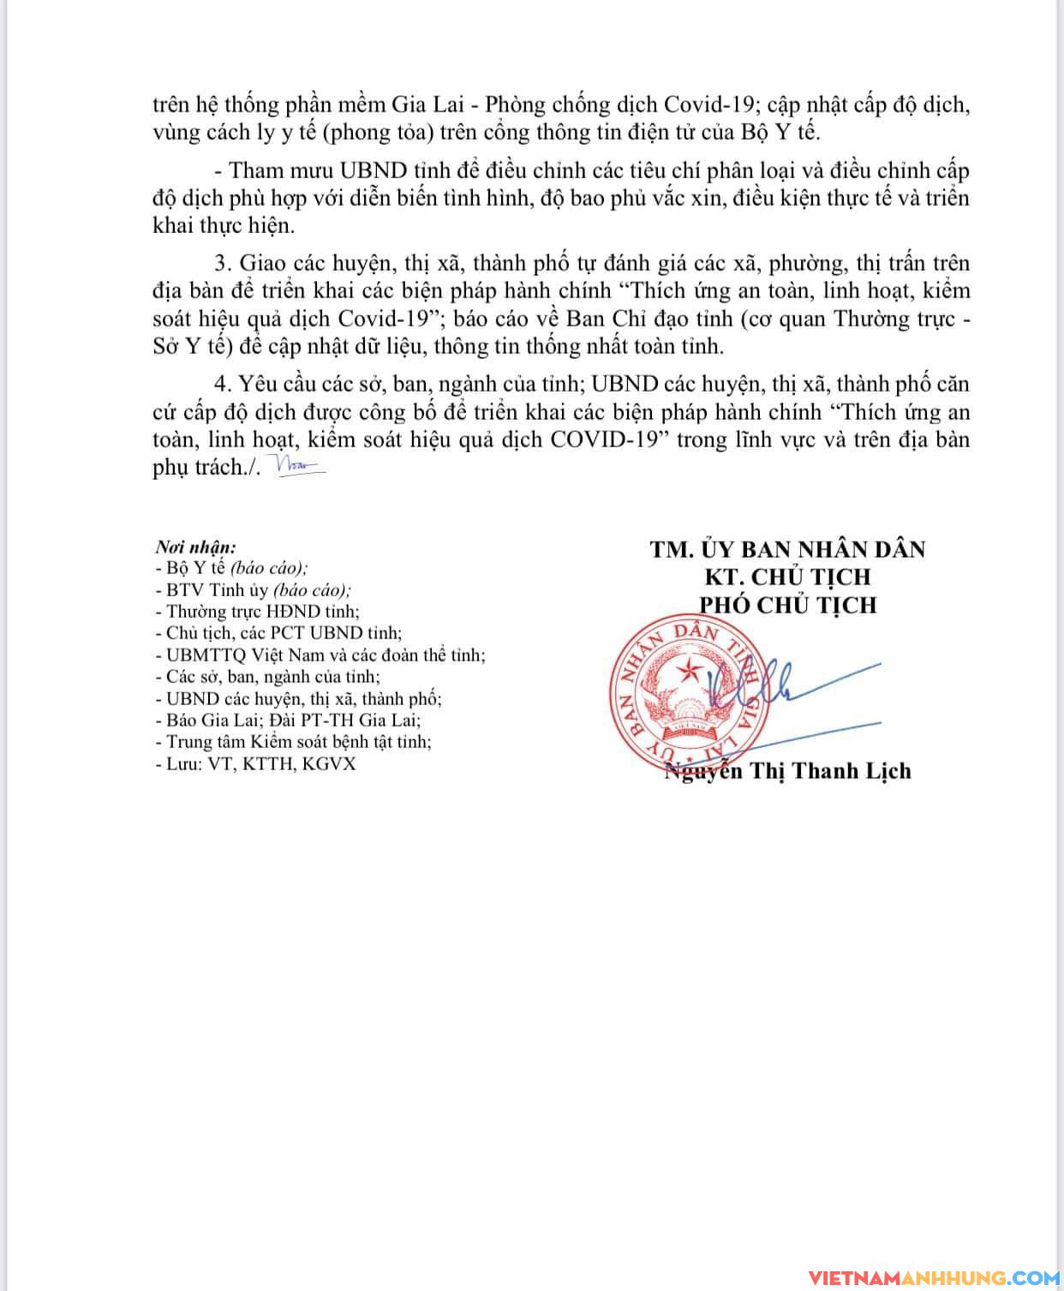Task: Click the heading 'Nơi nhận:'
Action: tap(195, 547)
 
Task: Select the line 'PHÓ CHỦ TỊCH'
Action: tap(788, 605)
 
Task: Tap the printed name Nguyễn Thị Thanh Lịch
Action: tap(788, 771)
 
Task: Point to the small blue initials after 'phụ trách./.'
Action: tap(296, 466)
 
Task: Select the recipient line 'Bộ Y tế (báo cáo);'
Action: tap(231, 568)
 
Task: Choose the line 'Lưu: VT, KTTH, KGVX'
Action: tap(255, 763)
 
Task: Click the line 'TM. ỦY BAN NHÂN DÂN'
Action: tap(787, 548)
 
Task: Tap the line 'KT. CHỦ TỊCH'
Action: tap(786, 577)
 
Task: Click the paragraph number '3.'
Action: tap(224, 263)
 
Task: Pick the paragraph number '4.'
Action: tap(224, 384)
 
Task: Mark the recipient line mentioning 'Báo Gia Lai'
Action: tap(289, 720)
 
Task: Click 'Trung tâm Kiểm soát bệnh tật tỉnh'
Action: tap(293, 742)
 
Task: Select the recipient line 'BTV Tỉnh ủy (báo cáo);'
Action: tap(254, 589)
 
